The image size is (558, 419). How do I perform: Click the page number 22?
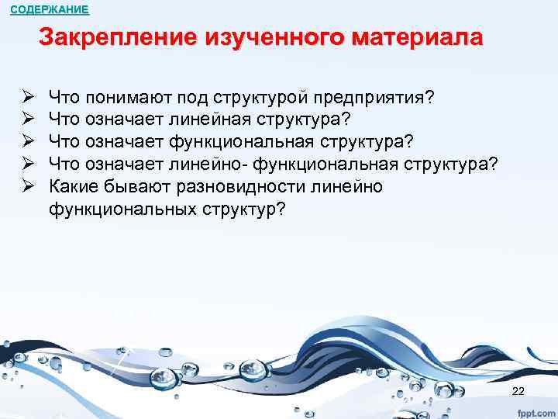click(x=518, y=390)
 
